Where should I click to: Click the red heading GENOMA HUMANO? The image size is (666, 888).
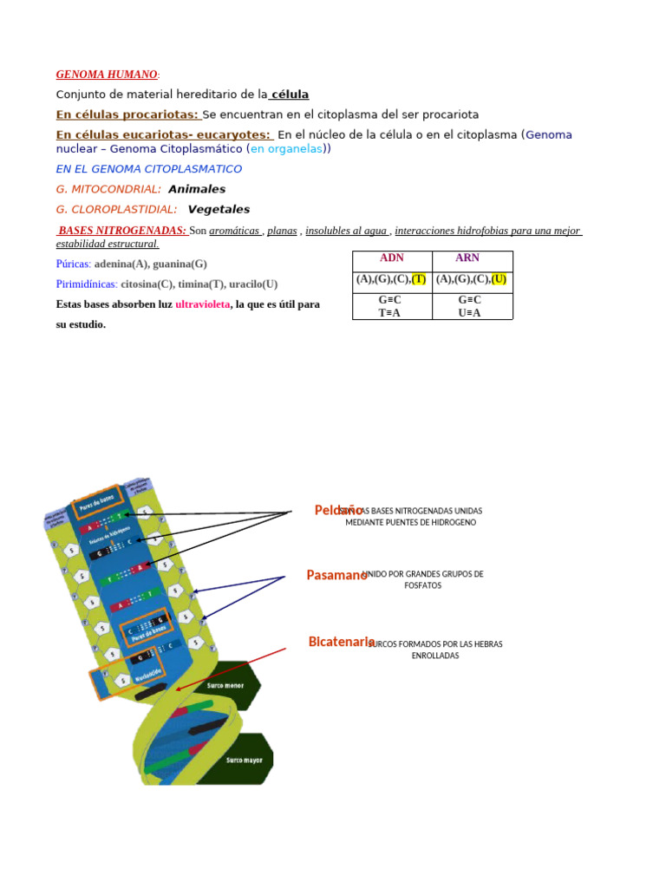pos(107,75)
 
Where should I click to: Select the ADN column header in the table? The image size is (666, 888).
pos(392,258)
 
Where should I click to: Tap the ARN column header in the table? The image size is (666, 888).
pos(467,258)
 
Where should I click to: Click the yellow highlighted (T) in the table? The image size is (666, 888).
pos(419,279)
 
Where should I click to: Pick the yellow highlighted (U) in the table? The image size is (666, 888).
pos(499,279)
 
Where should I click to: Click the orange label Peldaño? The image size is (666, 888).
pos(337,511)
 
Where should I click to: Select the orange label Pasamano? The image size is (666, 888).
pos(336,575)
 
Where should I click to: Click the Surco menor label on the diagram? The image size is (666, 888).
pos(225,685)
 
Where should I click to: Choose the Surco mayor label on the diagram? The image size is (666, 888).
pos(245,761)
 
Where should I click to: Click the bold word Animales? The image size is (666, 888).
pos(197,189)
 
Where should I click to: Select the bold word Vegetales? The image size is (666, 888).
pos(219,209)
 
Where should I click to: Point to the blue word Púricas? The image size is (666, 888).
pos(73,264)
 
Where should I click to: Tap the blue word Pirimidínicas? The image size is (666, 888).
pos(87,284)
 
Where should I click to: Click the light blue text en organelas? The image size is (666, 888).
pos(287,148)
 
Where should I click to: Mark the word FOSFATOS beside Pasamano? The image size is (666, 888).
pos(422,586)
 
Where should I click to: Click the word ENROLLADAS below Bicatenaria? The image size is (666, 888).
pos(434,656)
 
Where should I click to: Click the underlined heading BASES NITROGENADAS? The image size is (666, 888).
pos(122,231)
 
